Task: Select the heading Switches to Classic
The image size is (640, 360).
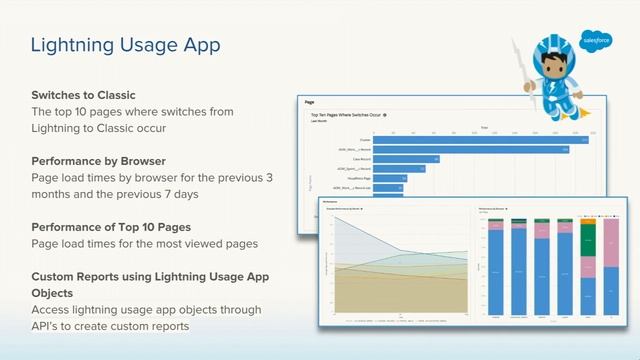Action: [x=83, y=95]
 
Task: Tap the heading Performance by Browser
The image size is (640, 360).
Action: [x=98, y=160]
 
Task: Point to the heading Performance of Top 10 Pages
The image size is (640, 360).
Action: [x=111, y=226]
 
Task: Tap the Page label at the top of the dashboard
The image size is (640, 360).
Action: [x=311, y=101]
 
